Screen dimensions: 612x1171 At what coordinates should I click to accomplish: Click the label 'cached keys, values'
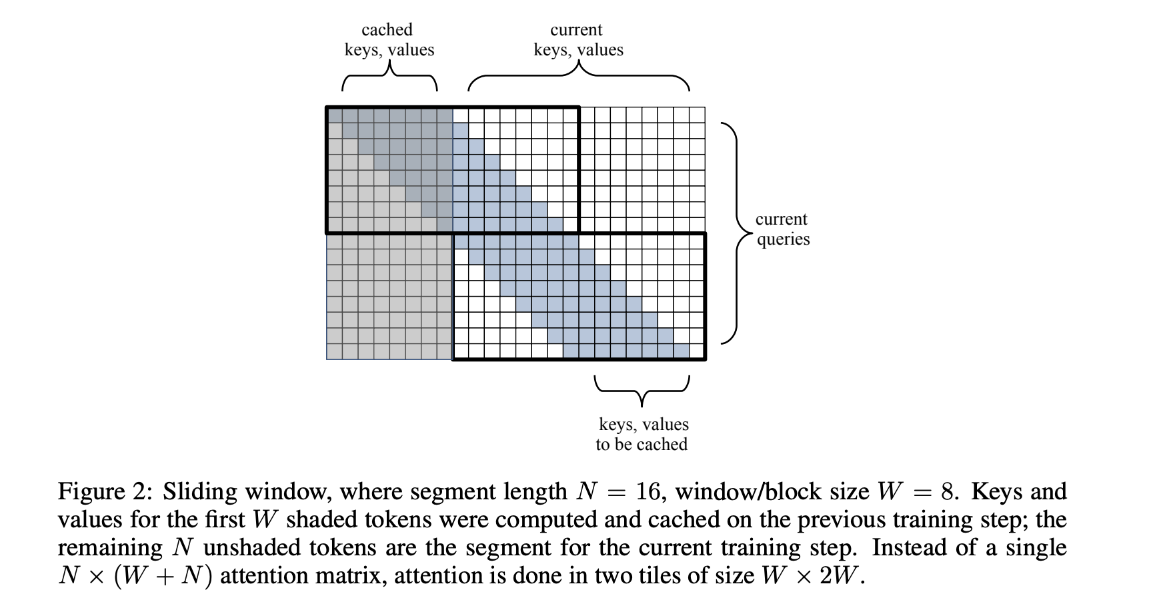pyautogui.click(x=389, y=40)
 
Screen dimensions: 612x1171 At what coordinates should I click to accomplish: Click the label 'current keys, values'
pyautogui.click(x=578, y=40)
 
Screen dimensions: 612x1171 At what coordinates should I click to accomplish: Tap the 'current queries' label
pyautogui.click(x=782, y=229)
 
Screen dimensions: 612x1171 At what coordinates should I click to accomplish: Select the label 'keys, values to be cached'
pyautogui.click(x=643, y=434)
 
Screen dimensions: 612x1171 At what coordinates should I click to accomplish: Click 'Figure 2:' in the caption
pyautogui.click(x=106, y=492)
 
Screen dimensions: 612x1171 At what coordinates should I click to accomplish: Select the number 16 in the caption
pyautogui.click(x=648, y=492)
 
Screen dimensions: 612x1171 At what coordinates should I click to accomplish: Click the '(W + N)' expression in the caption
pyautogui.click(x=164, y=575)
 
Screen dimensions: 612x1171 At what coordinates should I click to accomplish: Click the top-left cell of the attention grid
pyautogui.click(x=334, y=114)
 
